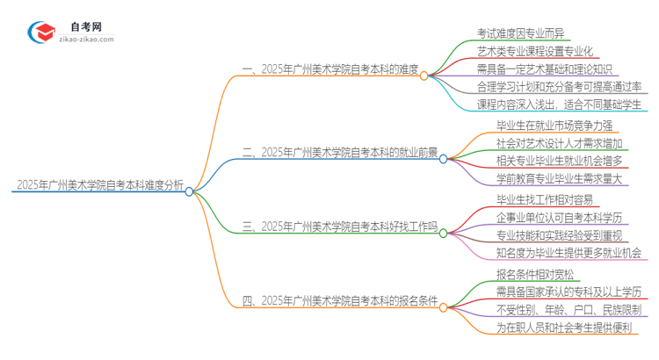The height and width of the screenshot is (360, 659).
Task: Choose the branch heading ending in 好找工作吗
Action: coord(339,227)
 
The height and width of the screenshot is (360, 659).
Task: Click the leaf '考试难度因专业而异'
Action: coord(521,33)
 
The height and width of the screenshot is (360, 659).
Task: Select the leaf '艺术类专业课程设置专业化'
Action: coord(540,52)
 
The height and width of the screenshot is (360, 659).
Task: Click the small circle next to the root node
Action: coord(190,191)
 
